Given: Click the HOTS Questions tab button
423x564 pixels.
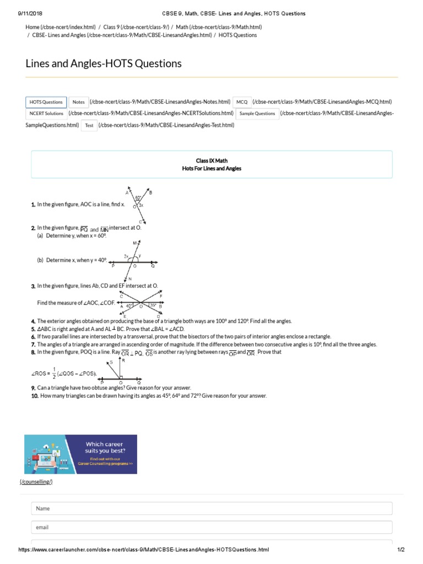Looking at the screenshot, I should coord(46,102).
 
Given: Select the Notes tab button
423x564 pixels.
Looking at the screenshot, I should coord(79,102).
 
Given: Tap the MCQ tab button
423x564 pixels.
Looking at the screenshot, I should coord(242,102).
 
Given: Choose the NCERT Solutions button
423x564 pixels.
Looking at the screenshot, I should coord(46,114).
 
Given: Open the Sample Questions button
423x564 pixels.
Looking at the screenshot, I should coord(257,114).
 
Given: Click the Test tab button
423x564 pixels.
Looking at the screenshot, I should coord(89,126).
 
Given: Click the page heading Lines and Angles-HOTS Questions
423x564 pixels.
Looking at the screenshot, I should coord(104,64).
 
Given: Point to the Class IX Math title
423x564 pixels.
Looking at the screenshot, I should coord(211,161).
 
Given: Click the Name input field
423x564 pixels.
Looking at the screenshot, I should coord(211,508).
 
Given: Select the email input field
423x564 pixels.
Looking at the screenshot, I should coord(211,527).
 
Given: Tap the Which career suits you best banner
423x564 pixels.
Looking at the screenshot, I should coord(80,454).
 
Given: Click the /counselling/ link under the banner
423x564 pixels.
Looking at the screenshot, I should coord(36,482).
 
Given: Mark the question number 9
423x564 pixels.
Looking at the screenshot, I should coord(34,388).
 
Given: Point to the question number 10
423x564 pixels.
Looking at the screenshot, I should coord(35,395).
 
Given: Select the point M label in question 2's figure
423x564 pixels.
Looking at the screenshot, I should coord(134,243).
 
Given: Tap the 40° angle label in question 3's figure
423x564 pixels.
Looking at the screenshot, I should coord(129,306).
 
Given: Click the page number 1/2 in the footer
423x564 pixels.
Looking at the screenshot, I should coord(401,550).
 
